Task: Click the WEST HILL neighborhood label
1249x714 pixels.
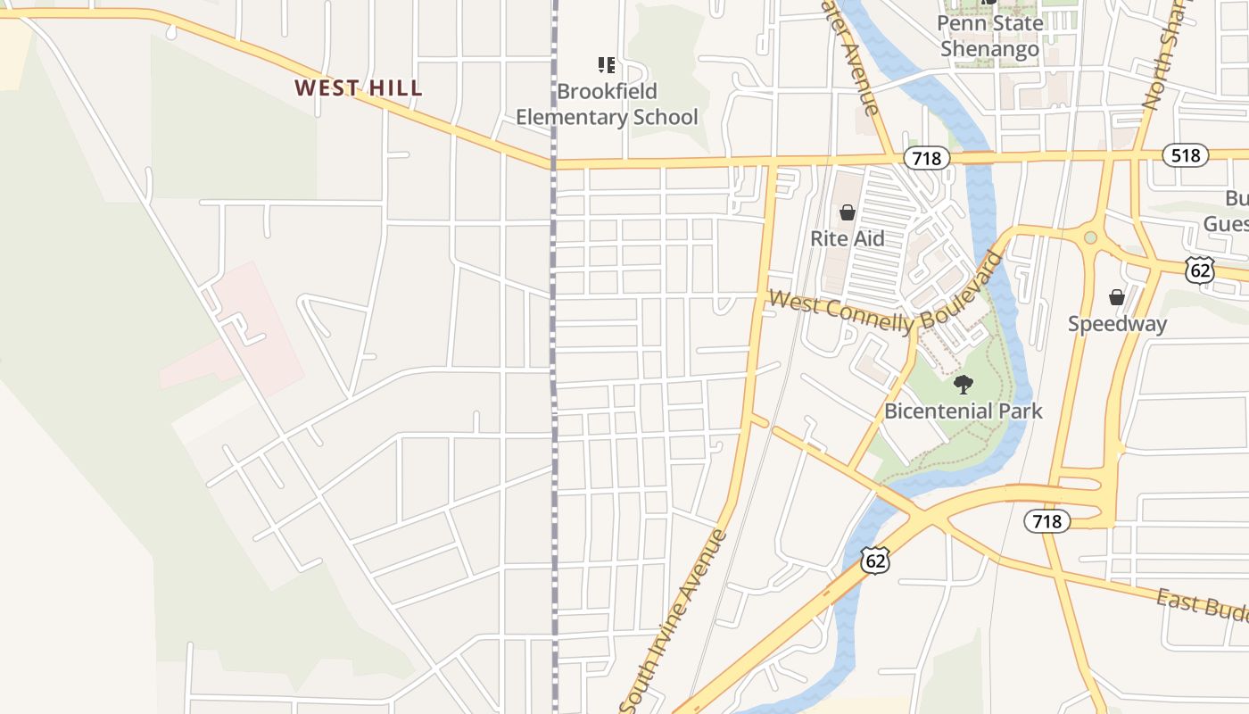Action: point(359,88)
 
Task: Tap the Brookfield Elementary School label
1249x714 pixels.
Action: point(607,104)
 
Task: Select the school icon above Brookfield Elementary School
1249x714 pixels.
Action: point(607,64)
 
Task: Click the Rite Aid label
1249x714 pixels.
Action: point(848,238)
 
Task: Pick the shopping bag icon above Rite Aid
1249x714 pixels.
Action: point(848,212)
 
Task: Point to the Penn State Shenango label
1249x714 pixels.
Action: point(990,36)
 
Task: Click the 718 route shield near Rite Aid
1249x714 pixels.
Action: point(927,158)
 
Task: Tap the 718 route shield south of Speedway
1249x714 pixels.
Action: point(1046,520)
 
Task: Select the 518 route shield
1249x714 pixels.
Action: point(1185,155)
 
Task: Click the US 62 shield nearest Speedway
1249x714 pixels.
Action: point(1200,270)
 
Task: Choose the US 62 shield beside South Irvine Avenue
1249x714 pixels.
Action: point(876,560)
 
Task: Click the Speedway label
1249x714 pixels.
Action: point(1117,324)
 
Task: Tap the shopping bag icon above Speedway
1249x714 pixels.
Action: point(1116,297)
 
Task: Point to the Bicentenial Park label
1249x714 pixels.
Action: point(963,411)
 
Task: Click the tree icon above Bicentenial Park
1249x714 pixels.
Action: point(963,385)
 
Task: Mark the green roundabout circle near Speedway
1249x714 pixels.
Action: point(1090,237)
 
